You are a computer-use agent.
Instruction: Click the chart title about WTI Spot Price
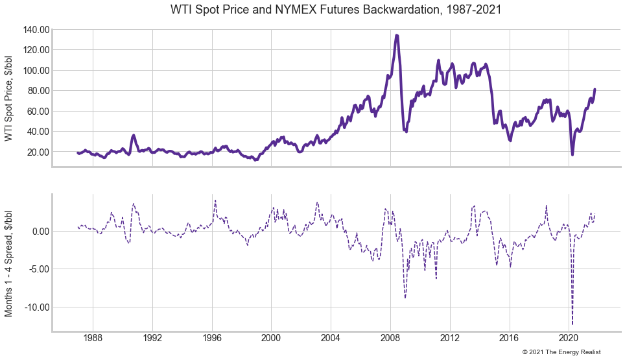336,10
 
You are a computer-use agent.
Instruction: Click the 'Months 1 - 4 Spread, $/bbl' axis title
9,262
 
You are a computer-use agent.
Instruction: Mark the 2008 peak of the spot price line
396,36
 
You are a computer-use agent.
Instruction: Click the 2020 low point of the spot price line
572,154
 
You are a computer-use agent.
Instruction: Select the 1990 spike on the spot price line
134,136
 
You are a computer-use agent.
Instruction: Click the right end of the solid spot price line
595,90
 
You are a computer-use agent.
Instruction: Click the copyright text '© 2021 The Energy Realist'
561,352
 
